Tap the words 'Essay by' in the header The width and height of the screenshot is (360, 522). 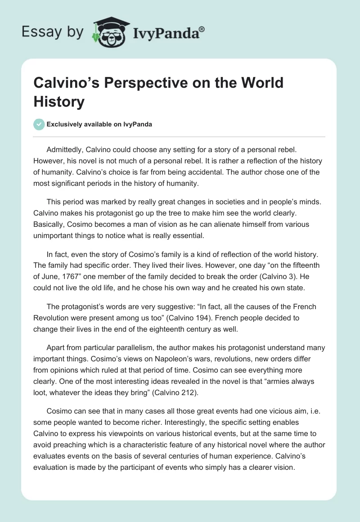(x=53, y=32)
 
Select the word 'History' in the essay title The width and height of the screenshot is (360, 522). (x=59, y=102)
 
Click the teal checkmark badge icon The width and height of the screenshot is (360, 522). (x=40, y=124)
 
